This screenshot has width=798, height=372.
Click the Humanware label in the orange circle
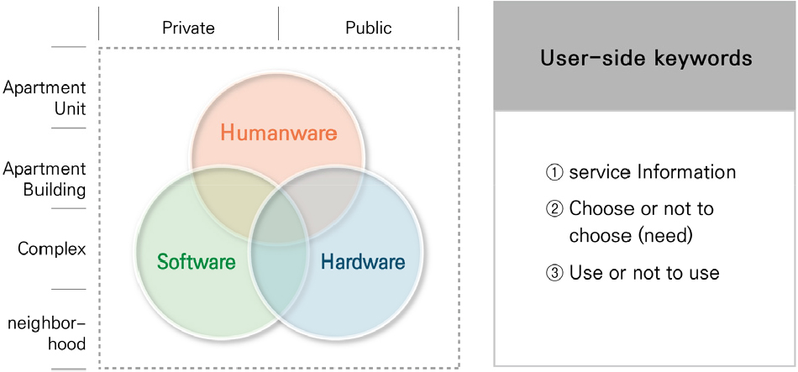tap(278, 134)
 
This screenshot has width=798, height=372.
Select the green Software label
tap(197, 262)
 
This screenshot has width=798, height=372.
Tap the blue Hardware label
tap(364, 262)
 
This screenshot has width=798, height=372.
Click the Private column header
tap(188, 28)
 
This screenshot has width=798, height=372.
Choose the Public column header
tap(369, 28)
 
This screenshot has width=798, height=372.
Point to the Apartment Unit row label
tap(45, 98)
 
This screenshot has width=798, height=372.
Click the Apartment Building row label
tap(45, 179)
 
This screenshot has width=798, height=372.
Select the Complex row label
tap(52, 249)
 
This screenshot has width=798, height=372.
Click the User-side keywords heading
tap(646, 58)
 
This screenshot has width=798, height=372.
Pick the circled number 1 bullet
tap(558, 172)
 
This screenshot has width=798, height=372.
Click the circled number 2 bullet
tap(558, 208)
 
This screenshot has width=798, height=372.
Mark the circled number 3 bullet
tap(558, 273)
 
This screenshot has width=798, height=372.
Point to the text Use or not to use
tap(644, 273)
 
